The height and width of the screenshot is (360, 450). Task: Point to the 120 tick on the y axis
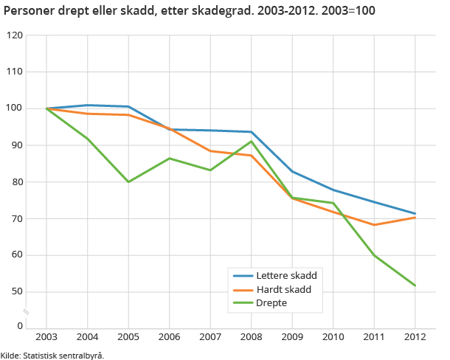point(14,35)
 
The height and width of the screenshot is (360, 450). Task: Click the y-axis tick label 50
point(16,292)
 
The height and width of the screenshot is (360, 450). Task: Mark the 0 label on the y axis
point(20,325)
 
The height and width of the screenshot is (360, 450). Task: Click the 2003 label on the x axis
point(46,337)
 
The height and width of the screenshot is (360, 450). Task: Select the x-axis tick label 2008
point(251,337)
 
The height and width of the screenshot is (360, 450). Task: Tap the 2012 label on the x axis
point(415,337)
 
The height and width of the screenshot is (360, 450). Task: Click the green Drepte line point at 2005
point(128,181)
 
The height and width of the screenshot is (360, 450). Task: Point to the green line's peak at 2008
point(252,141)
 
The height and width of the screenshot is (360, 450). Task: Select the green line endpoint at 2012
point(415,285)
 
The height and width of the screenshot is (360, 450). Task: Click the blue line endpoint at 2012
point(415,214)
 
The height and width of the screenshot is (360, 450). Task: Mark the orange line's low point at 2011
point(374,225)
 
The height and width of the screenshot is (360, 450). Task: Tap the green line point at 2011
point(374,255)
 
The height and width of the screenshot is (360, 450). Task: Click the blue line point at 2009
point(292,171)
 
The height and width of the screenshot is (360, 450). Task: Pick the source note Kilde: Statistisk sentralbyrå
point(52,355)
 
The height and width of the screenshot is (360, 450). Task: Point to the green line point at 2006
point(170,159)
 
